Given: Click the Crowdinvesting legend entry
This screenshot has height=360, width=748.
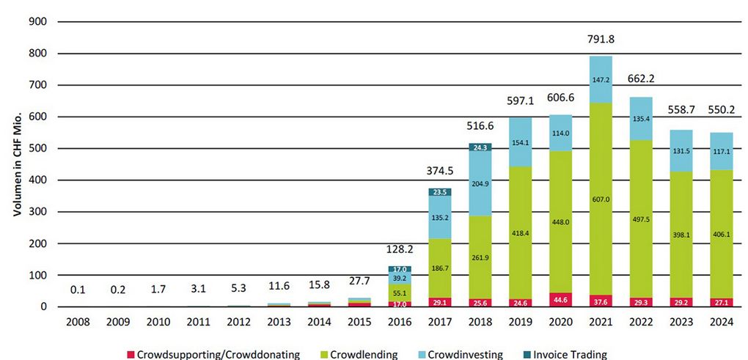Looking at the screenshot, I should [460, 355].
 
